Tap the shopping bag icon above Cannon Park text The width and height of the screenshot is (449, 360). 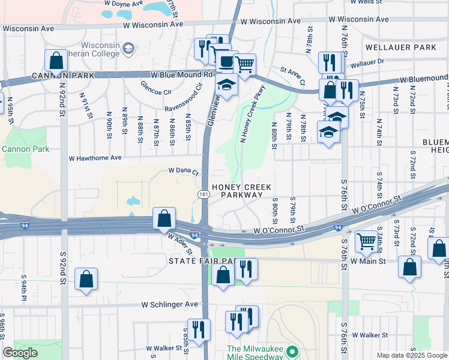click(x=56, y=61)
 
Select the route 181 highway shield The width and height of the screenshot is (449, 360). click(x=204, y=194)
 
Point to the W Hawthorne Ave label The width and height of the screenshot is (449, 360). click(x=95, y=158)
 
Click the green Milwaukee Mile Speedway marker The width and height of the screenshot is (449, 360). click(x=292, y=352)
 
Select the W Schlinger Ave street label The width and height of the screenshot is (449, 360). click(x=169, y=304)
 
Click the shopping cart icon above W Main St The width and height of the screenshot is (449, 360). click(x=366, y=242)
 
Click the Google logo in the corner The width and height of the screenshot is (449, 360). click(x=20, y=353)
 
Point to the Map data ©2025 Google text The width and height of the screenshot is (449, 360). click(x=411, y=355)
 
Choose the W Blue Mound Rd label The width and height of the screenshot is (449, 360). click(x=181, y=75)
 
